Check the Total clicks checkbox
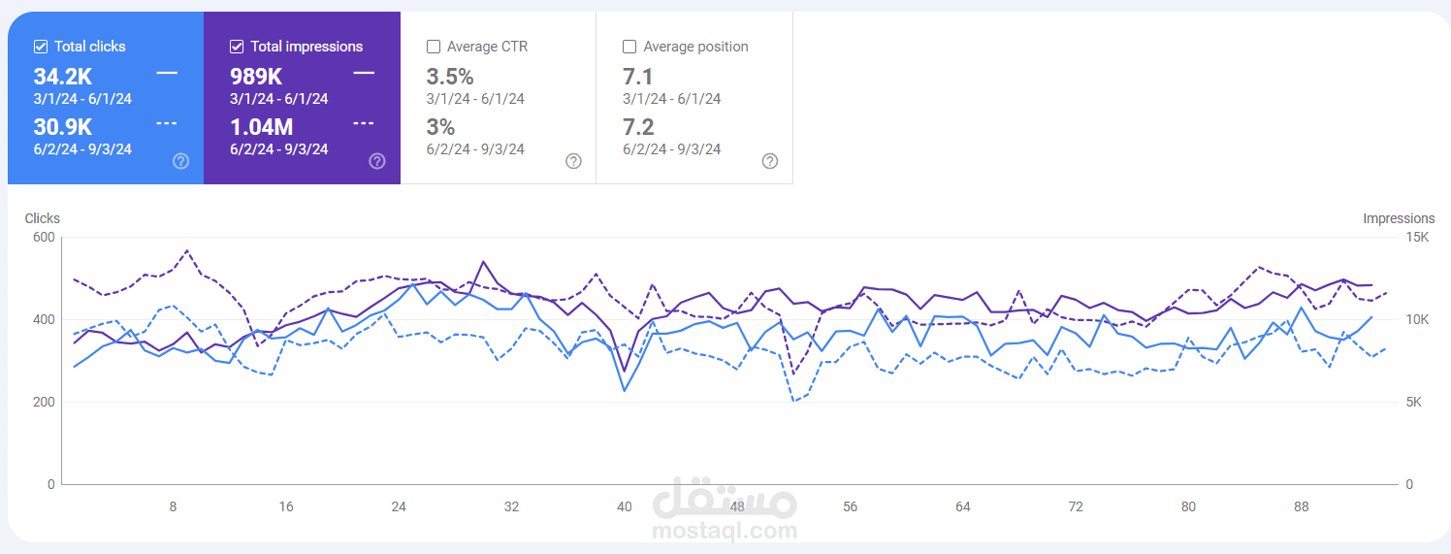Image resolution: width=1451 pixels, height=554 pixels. [x=41, y=47]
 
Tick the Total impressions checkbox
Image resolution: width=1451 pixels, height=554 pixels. [x=237, y=47]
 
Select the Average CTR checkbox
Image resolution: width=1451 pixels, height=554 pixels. [x=434, y=47]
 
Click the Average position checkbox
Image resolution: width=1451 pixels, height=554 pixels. [x=629, y=47]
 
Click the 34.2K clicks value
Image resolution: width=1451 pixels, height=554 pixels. [x=62, y=77]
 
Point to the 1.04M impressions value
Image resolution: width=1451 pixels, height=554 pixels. [x=261, y=127]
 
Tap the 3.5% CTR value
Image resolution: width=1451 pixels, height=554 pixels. [x=450, y=77]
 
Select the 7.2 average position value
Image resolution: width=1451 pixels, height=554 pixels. [x=638, y=127]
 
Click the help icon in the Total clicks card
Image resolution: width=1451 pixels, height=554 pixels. [x=180, y=161]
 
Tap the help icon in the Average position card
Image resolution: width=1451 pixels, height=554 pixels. [x=769, y=161]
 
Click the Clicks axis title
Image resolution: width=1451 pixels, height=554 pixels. [x=42, y=218]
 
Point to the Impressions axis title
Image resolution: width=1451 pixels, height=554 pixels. [x=1398, y=218]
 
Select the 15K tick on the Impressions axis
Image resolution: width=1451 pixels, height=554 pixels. [x=1416, y=238]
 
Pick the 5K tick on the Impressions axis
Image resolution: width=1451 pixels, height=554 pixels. [x=1412, y=402]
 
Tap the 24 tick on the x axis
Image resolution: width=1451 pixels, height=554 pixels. [x=399, y=506]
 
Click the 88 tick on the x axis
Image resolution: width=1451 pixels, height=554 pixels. [x=1302, y=506]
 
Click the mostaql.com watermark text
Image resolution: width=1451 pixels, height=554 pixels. [x=725, y=531]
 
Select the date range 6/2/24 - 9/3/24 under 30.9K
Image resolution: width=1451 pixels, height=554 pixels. [x=82, y=149]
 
